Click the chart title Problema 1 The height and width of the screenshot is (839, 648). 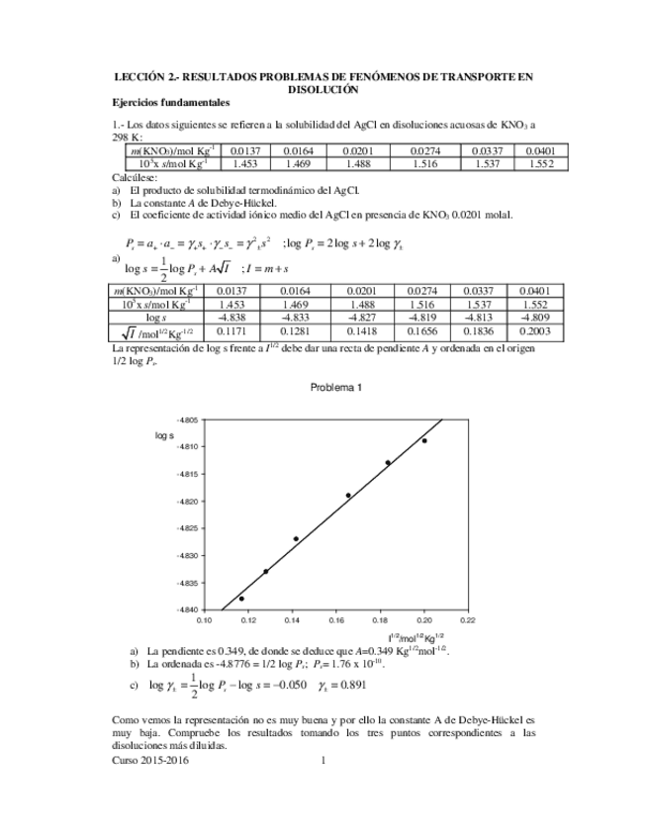(x=336, y=387)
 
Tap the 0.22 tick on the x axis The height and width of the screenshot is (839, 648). (x=468, y=621)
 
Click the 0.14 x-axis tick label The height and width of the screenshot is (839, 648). (x=293, y=621)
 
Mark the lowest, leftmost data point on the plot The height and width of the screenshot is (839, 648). (x=241, y=599)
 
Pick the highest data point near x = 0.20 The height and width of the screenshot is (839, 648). (x=424, y=440)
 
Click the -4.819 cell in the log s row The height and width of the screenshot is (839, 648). (x=425, y=318)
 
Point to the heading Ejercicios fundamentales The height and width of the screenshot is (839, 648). (x=170, y=102)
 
